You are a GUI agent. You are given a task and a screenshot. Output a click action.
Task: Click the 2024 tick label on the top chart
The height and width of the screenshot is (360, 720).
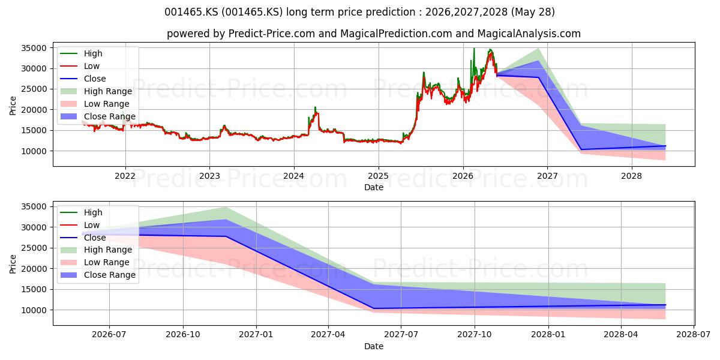click(294, 176)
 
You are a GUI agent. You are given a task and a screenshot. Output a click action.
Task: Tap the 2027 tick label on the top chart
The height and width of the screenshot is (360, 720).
click(547, 176)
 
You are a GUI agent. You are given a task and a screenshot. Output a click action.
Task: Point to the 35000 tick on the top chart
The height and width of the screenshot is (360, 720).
click(34, 48)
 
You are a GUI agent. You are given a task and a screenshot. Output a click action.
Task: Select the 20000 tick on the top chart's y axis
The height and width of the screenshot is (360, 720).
click(34, 110)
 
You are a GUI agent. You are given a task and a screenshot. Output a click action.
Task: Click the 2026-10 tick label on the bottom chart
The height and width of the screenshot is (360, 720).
click(183, 335)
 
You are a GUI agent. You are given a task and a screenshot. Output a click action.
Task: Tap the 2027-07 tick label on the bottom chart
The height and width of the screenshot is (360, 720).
click(401, 335)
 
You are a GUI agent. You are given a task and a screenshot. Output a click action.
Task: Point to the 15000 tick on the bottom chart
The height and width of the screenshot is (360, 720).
click(34, 290)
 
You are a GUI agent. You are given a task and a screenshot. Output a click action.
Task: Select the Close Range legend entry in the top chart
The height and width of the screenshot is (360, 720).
click(98, 116)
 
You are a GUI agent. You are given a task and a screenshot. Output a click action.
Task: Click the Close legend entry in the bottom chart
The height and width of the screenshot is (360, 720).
click(83, 238)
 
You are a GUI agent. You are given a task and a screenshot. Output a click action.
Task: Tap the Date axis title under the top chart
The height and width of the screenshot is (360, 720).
click(373, 187)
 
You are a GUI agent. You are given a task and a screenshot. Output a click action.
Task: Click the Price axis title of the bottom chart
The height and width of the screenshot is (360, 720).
click(13, 264)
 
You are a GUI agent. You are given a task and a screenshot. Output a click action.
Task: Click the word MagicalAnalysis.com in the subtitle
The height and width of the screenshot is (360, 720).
click(529, 34)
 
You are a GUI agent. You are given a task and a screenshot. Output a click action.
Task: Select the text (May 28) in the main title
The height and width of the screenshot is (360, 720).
click(533, 12)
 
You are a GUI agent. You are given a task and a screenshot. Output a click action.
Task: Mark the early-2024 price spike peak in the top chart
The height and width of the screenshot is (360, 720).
click(316, 107)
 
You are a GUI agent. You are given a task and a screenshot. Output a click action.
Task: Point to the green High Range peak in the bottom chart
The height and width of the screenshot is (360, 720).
click(226, 208)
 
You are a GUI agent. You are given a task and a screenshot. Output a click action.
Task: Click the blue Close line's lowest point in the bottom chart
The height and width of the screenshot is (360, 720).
click(373, 308)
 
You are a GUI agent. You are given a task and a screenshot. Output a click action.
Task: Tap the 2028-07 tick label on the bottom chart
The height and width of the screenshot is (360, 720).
click(694, 335)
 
